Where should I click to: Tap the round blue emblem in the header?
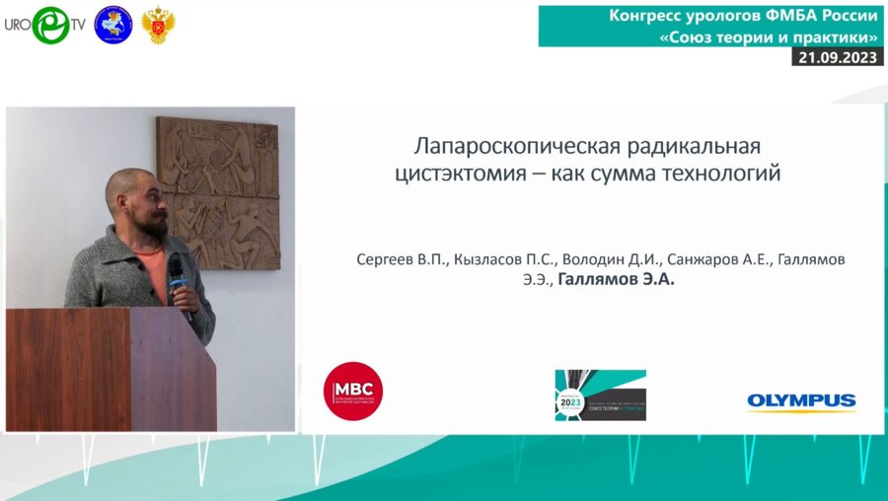coord(112,25)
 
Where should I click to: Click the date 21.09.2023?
coord(837,57)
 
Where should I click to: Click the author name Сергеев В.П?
coord(403,259)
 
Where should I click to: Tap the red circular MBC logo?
coord(353,392)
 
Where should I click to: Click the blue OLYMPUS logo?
coord(801,400)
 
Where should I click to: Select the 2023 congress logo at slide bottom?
coord(600,394)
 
